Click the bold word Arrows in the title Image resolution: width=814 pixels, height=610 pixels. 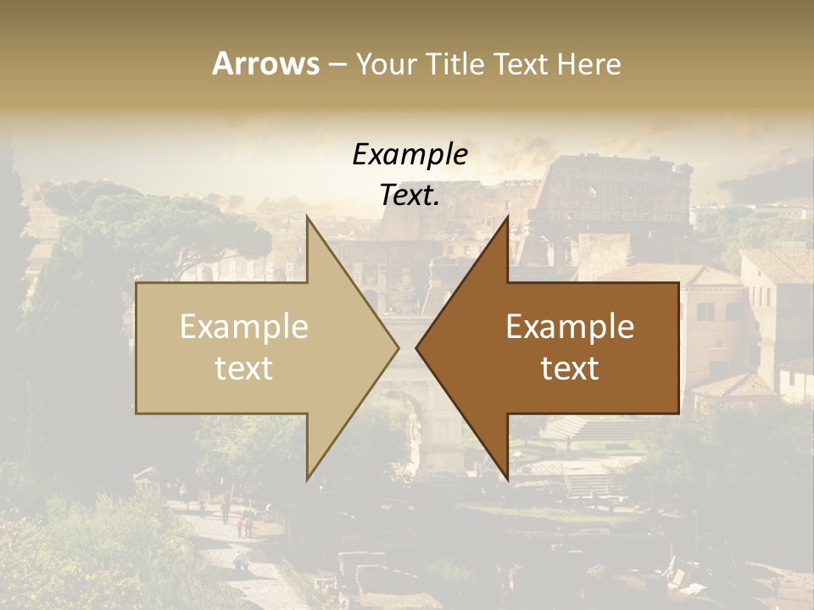(265, 64)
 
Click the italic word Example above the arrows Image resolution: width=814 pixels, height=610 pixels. (410, 155)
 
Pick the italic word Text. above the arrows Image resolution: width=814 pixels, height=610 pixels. (410, 195)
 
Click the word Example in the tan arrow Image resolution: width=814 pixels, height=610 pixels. (244, 327)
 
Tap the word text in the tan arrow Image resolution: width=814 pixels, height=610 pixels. (244, 369)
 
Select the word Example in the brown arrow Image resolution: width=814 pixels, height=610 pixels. (570, 327)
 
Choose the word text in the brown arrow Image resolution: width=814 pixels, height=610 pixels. (570, 369)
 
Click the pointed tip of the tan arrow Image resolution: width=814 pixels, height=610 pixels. (399, 347)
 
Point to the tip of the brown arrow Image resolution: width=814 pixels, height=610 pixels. (416, 347)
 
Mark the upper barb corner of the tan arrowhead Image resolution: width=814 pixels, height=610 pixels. (307, 216)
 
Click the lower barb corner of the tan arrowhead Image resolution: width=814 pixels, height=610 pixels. (307, 480)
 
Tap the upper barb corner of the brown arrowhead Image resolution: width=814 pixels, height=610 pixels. (508, 216)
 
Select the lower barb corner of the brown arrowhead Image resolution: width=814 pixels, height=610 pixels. (508, 480)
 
